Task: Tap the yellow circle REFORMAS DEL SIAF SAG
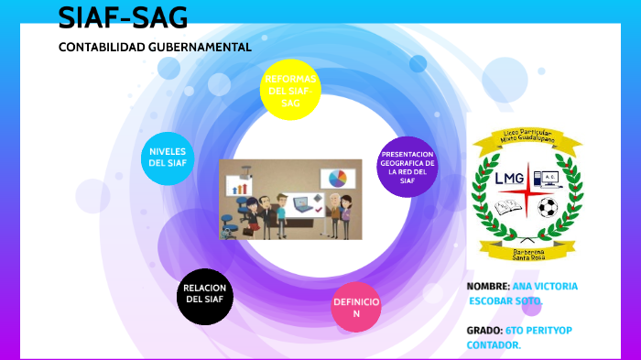[290, 91]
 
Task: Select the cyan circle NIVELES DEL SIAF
[168, 157]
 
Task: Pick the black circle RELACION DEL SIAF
[205, 294]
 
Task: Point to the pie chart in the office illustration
[337, 177]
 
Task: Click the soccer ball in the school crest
[548, 208]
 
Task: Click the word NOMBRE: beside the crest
[488, 286]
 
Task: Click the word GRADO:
[484, 330]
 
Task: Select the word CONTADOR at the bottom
[494, 344]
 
